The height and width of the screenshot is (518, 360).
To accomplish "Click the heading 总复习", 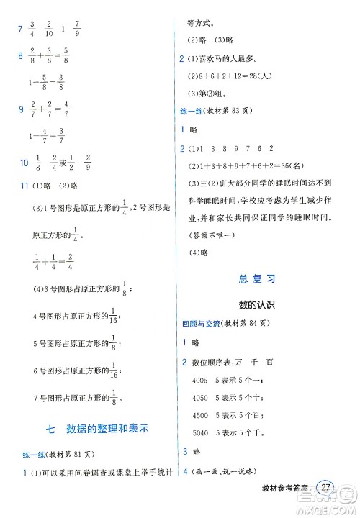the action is [x=257, y=278].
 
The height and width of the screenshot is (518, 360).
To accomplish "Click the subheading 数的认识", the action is [x=257, y=304].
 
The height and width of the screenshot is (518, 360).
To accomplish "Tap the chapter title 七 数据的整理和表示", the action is [x=96, y=430].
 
